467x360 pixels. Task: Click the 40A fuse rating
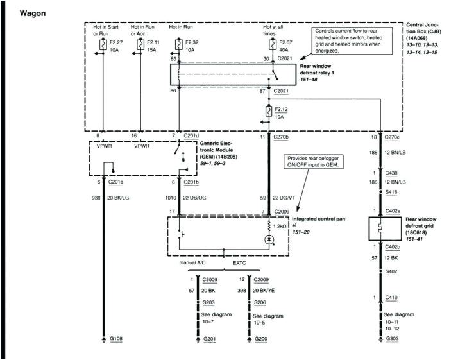click(x=282, y=48)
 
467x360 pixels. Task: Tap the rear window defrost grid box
click(x=382, y=227)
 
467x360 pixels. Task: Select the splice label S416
click(x=391, y=191)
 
